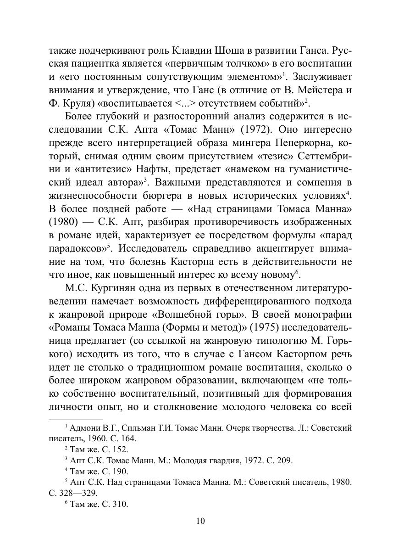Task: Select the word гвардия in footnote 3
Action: [227, 461]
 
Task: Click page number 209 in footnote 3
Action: [284, 461]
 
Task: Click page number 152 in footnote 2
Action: [120, 449]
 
